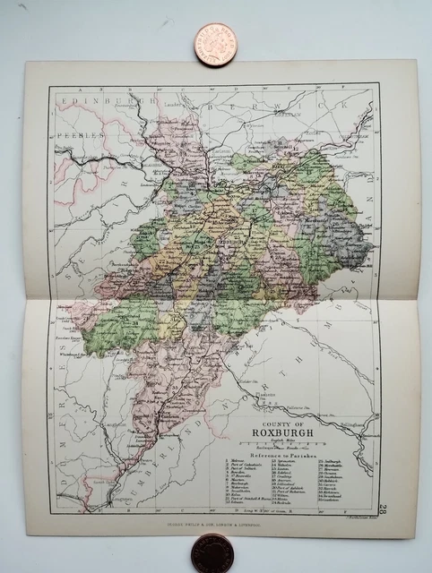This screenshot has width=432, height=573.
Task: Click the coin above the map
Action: [214, 42]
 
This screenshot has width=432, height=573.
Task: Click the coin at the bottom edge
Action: [212, 553]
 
